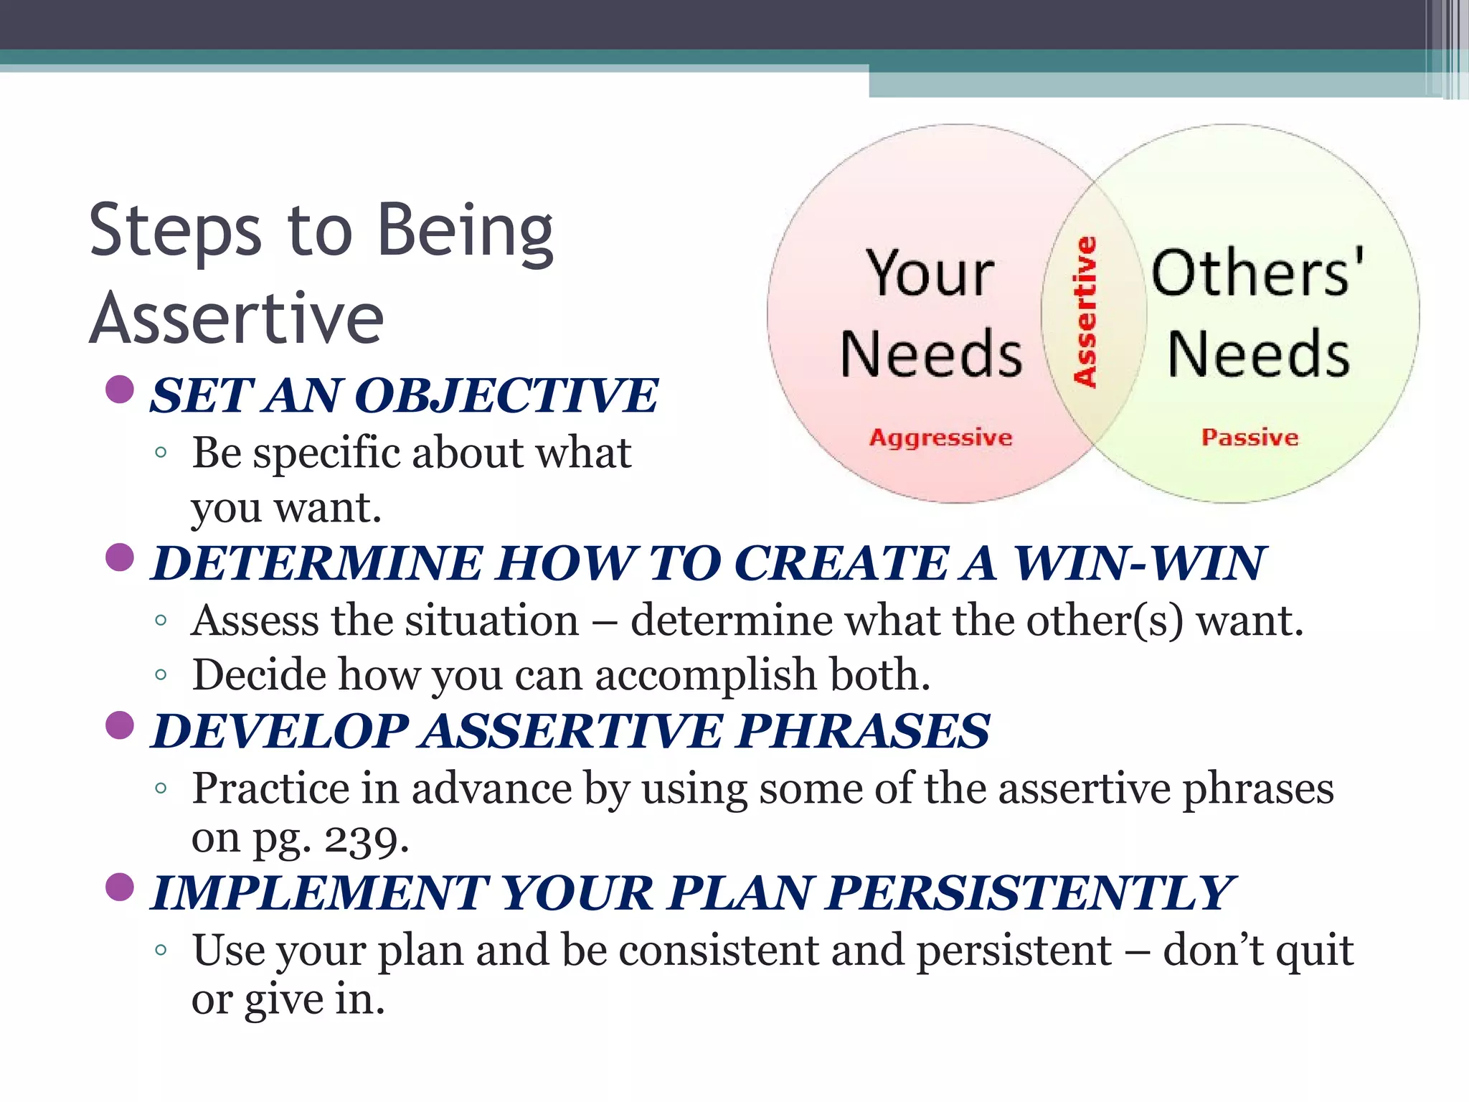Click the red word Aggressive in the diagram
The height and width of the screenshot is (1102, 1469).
pos(940,437)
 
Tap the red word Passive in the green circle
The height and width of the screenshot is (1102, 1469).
pos(1250,437)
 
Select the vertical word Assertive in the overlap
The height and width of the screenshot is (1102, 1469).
pos(1085,312)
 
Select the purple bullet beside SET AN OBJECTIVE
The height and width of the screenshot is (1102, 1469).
pos(120,390)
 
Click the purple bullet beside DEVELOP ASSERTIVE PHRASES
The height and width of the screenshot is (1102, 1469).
pos(120,725)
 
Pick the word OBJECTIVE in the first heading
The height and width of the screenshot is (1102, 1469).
pos(506,396)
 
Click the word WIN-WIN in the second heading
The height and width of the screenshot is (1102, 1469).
pos(1139,563)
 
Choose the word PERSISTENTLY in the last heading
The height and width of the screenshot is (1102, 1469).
pos(1029,893)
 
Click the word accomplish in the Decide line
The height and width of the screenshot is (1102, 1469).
pos(706,676)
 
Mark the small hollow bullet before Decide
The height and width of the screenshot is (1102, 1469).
pos(161,674)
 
